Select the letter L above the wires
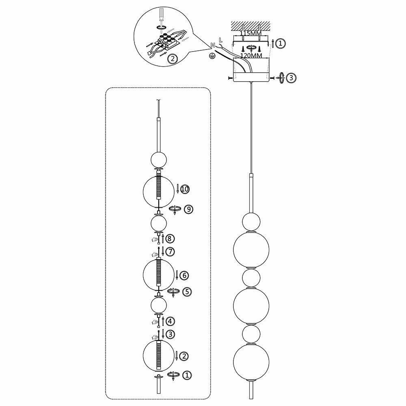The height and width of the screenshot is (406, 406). click(220, 40)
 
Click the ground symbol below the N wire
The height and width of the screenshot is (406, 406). click(212, 56)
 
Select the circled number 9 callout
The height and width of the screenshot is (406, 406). click(188, 209)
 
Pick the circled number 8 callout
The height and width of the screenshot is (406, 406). click(170, 238)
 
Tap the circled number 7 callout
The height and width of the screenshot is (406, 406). click(170, 252)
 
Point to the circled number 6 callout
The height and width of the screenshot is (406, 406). click(184, 275)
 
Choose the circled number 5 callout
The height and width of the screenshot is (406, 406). click(186, 292)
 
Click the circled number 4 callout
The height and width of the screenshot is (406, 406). click(171, 321)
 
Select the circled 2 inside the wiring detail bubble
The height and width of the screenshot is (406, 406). click(173, 59)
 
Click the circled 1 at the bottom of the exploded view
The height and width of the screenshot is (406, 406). click(186, 376)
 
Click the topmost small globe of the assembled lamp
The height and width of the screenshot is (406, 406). click(251, 222)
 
